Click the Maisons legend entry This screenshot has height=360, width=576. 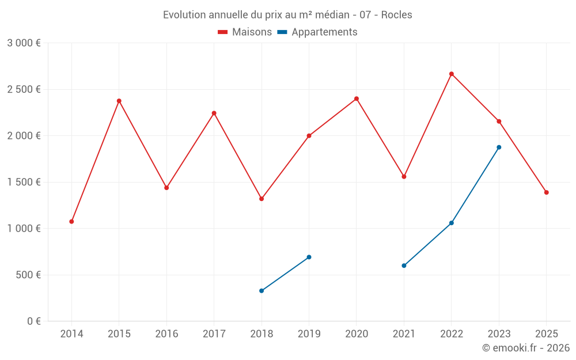(245, 32)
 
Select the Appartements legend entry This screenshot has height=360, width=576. (317, 32)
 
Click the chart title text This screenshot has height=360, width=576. (287, 15)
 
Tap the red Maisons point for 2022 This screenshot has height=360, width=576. (452, 74)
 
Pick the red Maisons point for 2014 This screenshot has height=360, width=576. (71, 221)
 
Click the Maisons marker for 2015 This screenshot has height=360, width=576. (119, 101)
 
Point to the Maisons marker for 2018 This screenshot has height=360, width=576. (262, 199)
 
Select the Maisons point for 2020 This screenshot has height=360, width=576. (357, 98)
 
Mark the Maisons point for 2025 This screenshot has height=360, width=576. (546, 192)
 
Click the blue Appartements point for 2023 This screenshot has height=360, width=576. (499, 147)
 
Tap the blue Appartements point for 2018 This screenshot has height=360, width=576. (262, 291)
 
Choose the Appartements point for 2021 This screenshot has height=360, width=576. (404, 266)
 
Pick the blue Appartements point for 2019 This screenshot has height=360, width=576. (309, 257)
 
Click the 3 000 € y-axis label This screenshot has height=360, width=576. (24, 43)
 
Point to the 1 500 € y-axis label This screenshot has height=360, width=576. (24, 182)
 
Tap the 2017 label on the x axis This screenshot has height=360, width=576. (214, 334)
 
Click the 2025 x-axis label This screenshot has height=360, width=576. (546, 334)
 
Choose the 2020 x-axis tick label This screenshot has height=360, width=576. (357, 334)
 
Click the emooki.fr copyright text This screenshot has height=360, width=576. (526, 348)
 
